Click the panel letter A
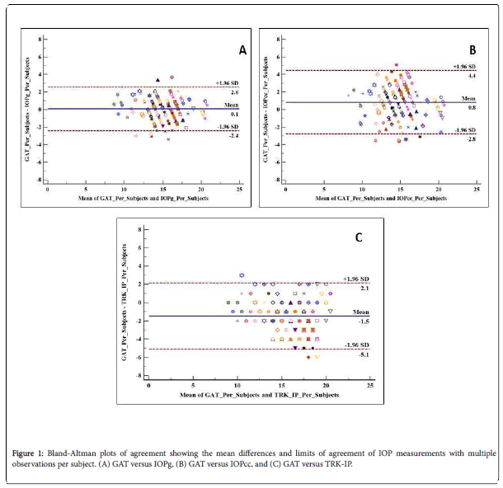pos(242,50)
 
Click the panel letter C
pos(358,238)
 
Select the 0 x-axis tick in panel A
pos(48,190)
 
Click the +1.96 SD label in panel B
pos(462,66)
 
